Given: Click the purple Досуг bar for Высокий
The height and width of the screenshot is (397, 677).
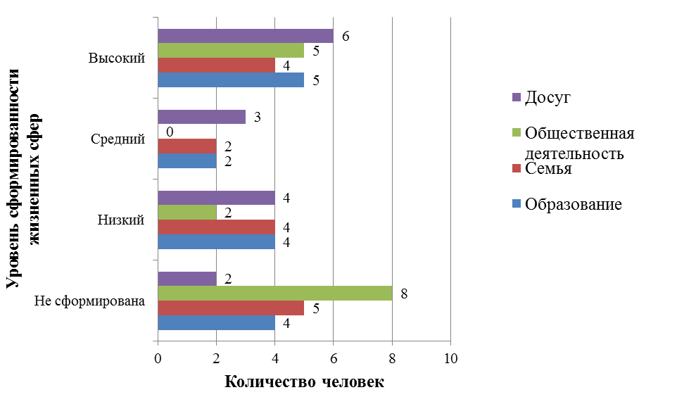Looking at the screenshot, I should (x=245, y=36).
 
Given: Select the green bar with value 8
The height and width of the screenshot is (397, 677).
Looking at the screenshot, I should (x=274, y=293).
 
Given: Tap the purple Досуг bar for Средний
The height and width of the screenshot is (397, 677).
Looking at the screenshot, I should (x=201, y=117).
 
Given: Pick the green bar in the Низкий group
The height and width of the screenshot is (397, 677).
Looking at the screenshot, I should (x=186, y=213).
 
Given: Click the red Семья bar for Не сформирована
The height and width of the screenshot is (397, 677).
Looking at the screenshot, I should (x=230, y=308).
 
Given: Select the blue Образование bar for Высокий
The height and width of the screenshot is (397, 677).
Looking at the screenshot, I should (x=230, y=80).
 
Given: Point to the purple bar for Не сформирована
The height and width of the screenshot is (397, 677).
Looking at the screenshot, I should (x=186, y=279).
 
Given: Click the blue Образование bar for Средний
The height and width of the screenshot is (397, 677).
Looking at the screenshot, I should (x=186, y=160).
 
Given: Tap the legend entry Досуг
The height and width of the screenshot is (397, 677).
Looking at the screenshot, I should (x=548, y=97).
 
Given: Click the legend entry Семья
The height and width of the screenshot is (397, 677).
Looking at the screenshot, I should (x=548, y=169).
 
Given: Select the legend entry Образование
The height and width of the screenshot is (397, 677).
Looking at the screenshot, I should (x=574, y=205).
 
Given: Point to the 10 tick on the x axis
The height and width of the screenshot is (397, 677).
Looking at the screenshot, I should (x=450, y=358).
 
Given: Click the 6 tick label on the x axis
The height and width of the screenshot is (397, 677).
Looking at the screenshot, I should (x=334, y=358).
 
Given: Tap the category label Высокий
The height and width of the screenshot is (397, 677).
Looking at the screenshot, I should (x=117, y=58).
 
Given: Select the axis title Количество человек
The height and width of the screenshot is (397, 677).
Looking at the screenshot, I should (x=304, y=382).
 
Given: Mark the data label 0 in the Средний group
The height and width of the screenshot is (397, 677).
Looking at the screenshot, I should (x=169, y=132).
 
